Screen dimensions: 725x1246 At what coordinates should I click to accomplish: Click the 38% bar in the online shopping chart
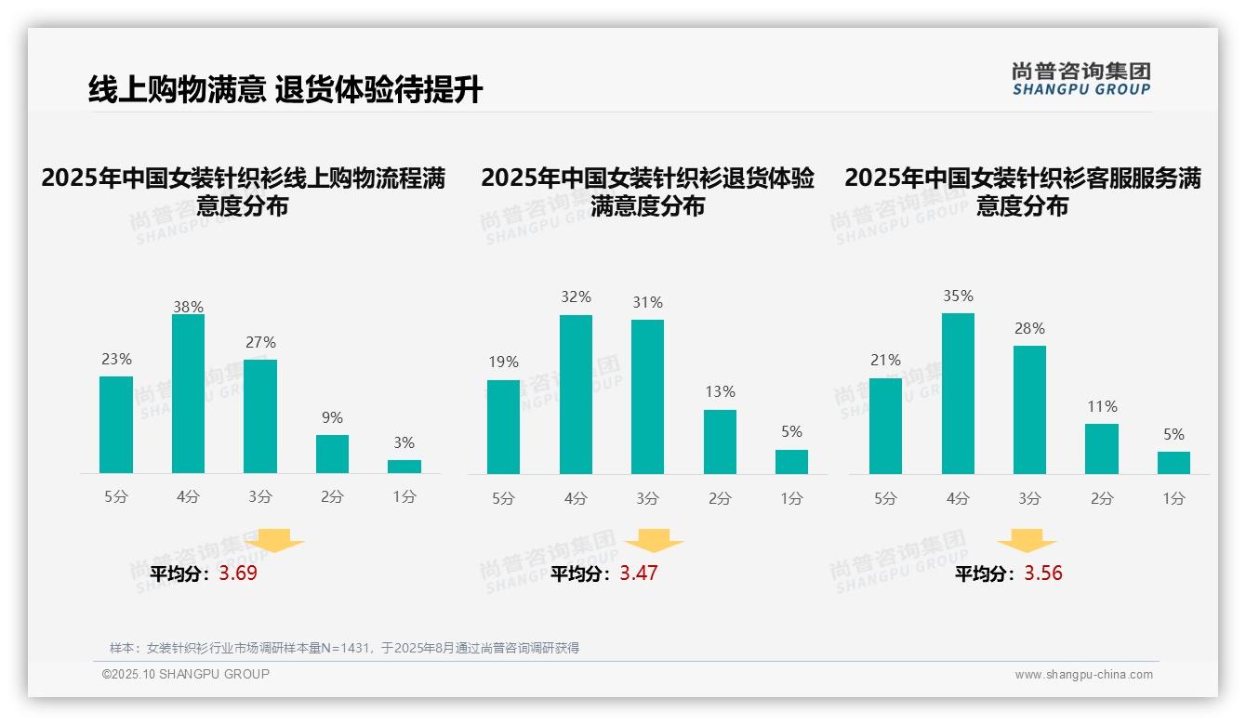point(188,394)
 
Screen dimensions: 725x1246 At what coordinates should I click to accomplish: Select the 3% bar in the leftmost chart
point(404,467)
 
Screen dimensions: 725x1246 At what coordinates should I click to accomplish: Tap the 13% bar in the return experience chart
point(720,442)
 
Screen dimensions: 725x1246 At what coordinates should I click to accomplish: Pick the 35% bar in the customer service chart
point(958,394)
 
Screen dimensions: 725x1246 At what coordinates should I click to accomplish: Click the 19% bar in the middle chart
point(503,428)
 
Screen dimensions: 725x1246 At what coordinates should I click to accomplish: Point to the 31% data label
point(647,303)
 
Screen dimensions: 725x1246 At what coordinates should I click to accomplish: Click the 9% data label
point(332,418)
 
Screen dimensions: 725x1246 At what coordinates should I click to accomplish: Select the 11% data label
point(1102,407)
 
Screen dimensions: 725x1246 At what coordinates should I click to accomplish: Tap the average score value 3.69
point(238,573)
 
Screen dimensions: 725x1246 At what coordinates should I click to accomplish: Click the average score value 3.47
point(639,573)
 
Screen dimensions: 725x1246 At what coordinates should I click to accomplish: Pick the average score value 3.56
point(1043,573)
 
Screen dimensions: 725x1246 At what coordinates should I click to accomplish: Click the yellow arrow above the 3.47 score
point(654,541)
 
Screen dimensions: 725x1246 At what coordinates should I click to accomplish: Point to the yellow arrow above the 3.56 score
point(1027,541)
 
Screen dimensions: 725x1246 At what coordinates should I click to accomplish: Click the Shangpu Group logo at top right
point(1080,79)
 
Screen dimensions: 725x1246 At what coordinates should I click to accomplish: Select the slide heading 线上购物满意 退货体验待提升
point(285,90)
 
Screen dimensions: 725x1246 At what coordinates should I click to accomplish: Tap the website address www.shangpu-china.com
point(1083,675)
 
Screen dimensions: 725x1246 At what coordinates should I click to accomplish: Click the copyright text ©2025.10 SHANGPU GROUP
point(186,674)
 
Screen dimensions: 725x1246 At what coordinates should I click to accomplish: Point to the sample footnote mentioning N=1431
point(344,648)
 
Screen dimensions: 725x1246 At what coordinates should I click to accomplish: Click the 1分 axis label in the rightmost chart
point(1173,499)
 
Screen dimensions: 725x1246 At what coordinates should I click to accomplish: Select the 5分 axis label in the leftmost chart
point(116,497)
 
